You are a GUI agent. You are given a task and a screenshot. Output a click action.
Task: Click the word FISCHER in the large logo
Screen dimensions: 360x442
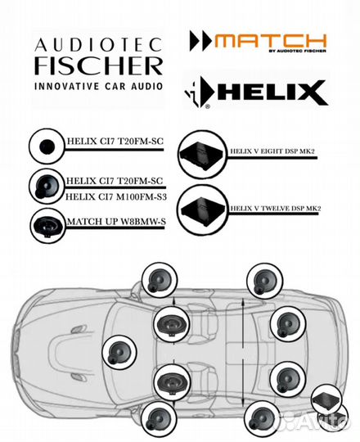pos(99,65)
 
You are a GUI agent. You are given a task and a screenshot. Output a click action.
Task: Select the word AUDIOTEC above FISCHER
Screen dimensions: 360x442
pos(99,44)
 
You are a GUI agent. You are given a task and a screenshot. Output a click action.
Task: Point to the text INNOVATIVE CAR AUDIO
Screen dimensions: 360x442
pos(99,86)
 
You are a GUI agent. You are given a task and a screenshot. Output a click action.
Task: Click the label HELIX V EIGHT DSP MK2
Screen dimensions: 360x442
pos(272,151)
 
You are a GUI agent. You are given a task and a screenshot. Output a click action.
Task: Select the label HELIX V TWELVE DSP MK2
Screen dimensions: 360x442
pos(276,209)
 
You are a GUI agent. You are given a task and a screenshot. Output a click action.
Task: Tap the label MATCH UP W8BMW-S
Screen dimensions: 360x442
pos(116,222)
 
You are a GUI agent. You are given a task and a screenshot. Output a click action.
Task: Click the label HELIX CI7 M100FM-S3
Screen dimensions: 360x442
pos(116,196)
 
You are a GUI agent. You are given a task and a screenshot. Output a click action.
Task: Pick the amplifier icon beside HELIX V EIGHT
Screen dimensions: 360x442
pos(202,155)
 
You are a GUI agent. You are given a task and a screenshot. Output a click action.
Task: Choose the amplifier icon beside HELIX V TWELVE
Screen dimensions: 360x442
pos(203,210)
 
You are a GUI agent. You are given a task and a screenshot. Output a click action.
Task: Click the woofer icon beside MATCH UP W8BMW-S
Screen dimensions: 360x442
pos(47,224)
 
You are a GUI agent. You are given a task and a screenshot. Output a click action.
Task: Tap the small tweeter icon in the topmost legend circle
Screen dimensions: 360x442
pos(47,147)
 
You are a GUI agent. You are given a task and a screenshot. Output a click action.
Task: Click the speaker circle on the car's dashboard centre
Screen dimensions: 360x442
pos(119,351)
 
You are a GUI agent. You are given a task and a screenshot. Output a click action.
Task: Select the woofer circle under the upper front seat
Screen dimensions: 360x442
pos(172,323)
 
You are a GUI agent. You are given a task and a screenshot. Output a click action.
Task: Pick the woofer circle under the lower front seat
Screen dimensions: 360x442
pos(173,381)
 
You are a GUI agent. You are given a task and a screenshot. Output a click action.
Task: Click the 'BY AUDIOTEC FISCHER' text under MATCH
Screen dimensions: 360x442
pos(298,51)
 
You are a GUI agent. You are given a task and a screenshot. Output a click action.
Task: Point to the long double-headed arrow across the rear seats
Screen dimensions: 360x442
pos(243,352)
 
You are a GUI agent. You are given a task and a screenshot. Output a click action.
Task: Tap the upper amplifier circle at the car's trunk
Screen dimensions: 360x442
pos(326,399)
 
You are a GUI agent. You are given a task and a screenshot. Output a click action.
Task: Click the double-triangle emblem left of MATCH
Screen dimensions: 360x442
pos(201,41)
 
